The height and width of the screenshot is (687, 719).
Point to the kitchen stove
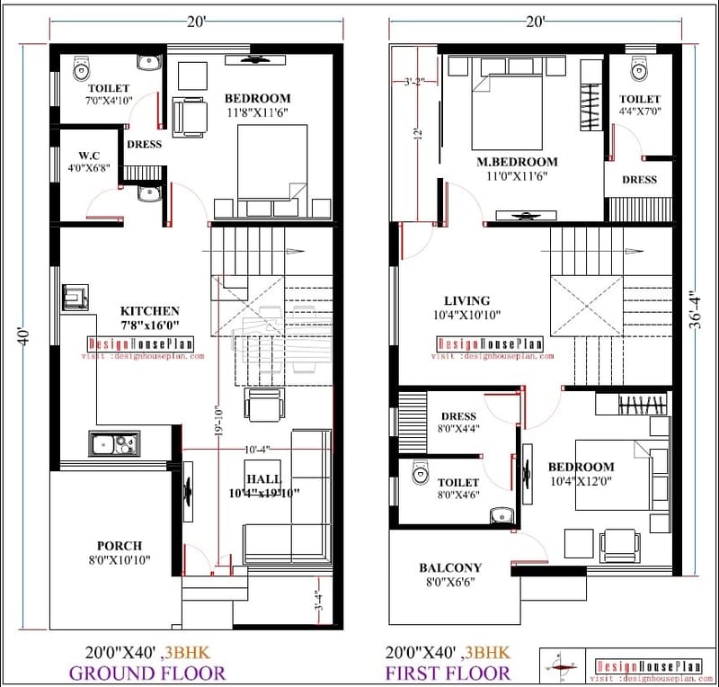75,297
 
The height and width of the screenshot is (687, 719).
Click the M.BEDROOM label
517,162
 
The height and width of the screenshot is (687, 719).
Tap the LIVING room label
467,300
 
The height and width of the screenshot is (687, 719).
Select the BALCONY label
450,568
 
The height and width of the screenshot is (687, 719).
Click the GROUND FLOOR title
147,673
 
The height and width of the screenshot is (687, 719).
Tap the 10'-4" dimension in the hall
256,449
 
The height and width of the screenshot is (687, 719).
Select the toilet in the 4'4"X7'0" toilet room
639,68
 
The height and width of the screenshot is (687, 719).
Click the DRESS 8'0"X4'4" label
458,423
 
